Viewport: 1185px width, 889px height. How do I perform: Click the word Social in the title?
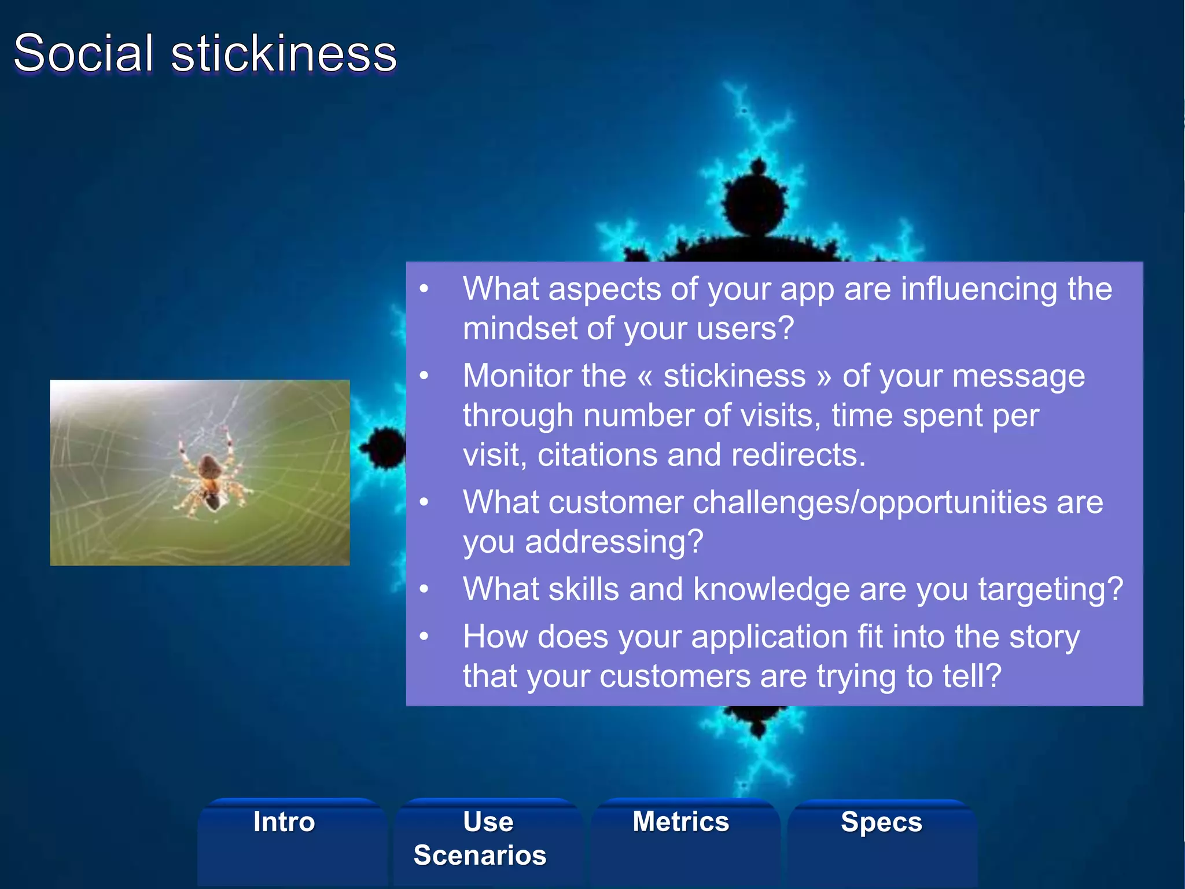84,53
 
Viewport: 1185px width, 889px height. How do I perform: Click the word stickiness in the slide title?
284,53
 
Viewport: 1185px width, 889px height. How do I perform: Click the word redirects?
798,455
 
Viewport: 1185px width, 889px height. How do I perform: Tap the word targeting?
1050,590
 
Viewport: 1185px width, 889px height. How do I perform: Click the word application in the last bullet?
770,637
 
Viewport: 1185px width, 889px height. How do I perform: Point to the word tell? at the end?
971,677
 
